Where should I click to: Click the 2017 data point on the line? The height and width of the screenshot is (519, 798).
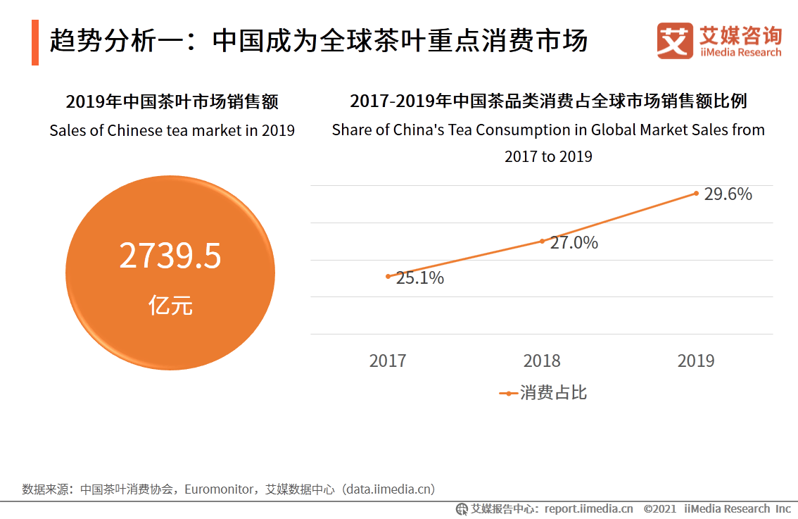[x=388, y=276]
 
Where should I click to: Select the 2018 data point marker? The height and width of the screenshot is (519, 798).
[x=542, y=241]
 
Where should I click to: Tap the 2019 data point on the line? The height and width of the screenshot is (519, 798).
[x=696, y=193]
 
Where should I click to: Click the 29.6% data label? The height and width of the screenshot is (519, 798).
[x=728, y=194]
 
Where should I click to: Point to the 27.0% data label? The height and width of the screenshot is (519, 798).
[x=574, y=243]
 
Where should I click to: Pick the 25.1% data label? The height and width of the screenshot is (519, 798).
[x=420, y=278]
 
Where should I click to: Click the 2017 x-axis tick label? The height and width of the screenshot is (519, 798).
[x=388, y=361]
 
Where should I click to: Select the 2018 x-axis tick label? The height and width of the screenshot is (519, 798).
[x=542, y=361]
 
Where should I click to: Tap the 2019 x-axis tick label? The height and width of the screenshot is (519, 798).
[x=696, y=361]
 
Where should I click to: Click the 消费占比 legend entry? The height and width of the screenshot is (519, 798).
[x=543, y=393]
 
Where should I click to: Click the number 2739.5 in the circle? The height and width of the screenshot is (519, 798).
[x=170, y=256]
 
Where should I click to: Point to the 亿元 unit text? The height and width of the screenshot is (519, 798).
[x=170, y=306]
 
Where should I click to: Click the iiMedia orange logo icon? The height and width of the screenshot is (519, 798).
[x=674, y=41]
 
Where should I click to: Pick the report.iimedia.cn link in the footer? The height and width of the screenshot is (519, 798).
[x=588, y=508]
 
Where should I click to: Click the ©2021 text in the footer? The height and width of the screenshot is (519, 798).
[x=659, y=508]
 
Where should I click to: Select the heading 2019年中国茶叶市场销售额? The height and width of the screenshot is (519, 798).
[x=172, y=102]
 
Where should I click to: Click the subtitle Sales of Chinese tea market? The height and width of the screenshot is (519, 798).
[x=172, y=131]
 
